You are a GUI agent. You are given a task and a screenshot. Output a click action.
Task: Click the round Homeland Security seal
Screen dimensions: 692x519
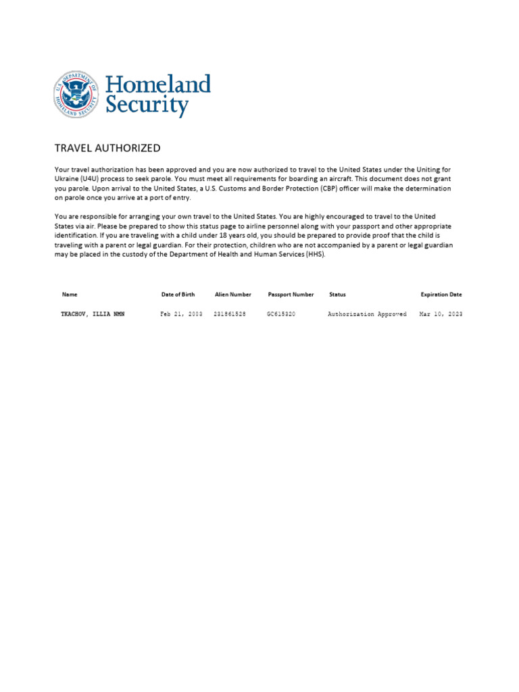coord(76,95)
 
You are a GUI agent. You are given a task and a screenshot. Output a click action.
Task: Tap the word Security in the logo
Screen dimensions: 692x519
coord(146,106)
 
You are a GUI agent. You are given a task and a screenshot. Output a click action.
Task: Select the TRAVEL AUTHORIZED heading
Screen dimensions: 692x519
coord(107,148)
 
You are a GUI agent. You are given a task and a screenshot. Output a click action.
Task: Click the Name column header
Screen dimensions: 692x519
coord(70,295)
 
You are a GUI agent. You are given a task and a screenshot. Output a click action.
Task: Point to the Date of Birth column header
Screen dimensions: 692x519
coord(178,295)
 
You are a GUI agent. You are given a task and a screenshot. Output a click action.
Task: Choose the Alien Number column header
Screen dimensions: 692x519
coord(232,295)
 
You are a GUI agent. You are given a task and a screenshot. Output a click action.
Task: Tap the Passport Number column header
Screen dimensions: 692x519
coord(291,295)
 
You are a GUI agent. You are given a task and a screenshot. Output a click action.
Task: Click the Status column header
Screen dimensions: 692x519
coord(337,295)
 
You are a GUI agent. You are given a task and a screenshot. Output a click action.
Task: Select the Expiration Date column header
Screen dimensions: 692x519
coord(441,295)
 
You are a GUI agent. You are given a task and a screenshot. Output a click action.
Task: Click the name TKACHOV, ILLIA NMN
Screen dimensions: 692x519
coord(93,314)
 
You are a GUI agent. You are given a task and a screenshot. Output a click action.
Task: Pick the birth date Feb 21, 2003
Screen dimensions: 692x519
coord(181,314)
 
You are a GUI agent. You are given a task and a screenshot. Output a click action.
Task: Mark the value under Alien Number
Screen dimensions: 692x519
coord(230,314)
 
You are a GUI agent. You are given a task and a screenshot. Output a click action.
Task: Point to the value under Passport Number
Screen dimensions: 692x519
coord(281,314)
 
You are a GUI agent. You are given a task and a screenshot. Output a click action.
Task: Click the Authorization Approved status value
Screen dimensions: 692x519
coord(367,314)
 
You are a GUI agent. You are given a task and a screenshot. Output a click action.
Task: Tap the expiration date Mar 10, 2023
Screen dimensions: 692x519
coord(441,314)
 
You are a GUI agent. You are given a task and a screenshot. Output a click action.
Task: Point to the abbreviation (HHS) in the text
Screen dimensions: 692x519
coord(315,254)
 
